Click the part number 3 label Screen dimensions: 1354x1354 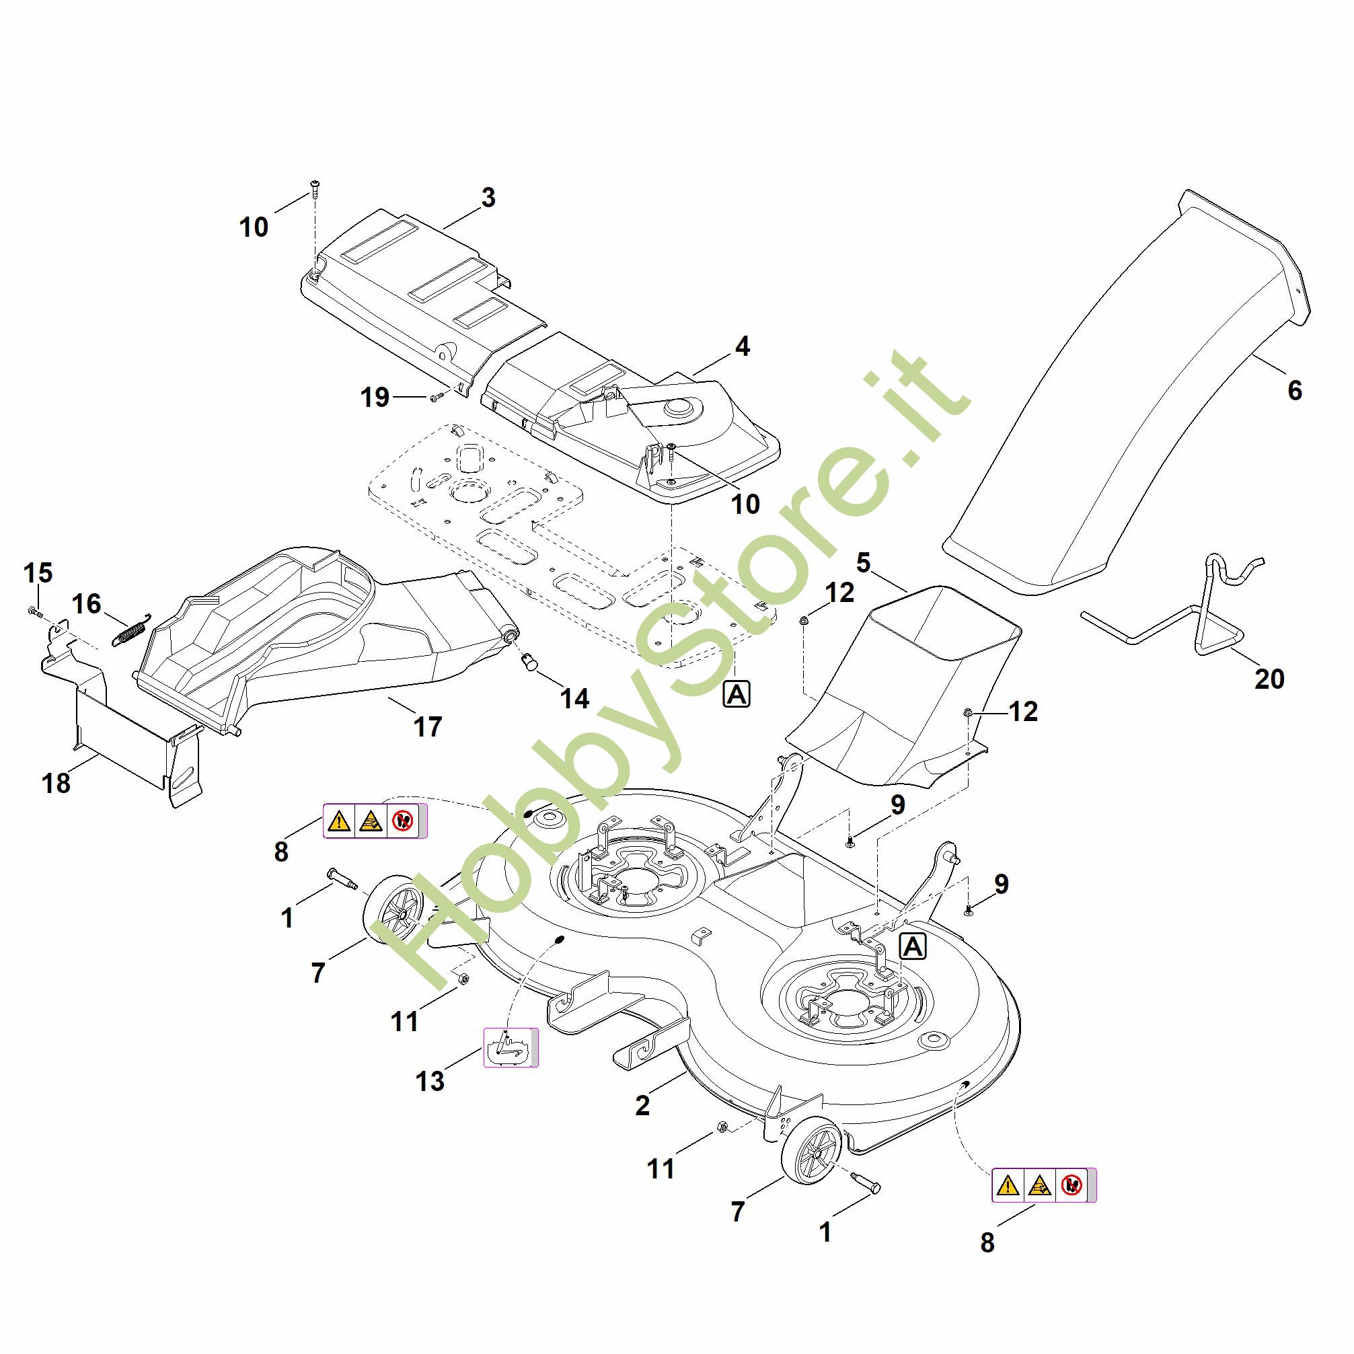pyautogui.click(x=488, y=198)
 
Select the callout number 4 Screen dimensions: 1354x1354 pyautogui.click(x=742, y=346)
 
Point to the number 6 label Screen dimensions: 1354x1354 pyautogui.click(x=1294, y=390)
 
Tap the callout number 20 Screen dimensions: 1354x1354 pyautogui.click(x=1269, y=679)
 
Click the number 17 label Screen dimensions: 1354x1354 pyautogui.click(x=428, y=726)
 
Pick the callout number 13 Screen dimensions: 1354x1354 pyautogui.click(x=430, y=1082)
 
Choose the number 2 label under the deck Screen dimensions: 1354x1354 pyautogui.click(x=642, y=1106)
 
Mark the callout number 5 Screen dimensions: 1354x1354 pyautogui.click(x=863, y=562)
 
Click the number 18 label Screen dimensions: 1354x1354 pyautogui.click(x=56, y=783)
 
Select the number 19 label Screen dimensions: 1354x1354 pyautogui.click(x=375, y=398)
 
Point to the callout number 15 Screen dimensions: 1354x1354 pyautogui.click(x=38, y=573)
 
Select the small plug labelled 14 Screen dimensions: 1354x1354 pyautogui.click(x=529, y=661)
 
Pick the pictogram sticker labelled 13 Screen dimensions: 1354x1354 pyautogui.click(x=511, y=1048)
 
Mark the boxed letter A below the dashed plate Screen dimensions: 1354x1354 pyautogui.click(x=737, y=695)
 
